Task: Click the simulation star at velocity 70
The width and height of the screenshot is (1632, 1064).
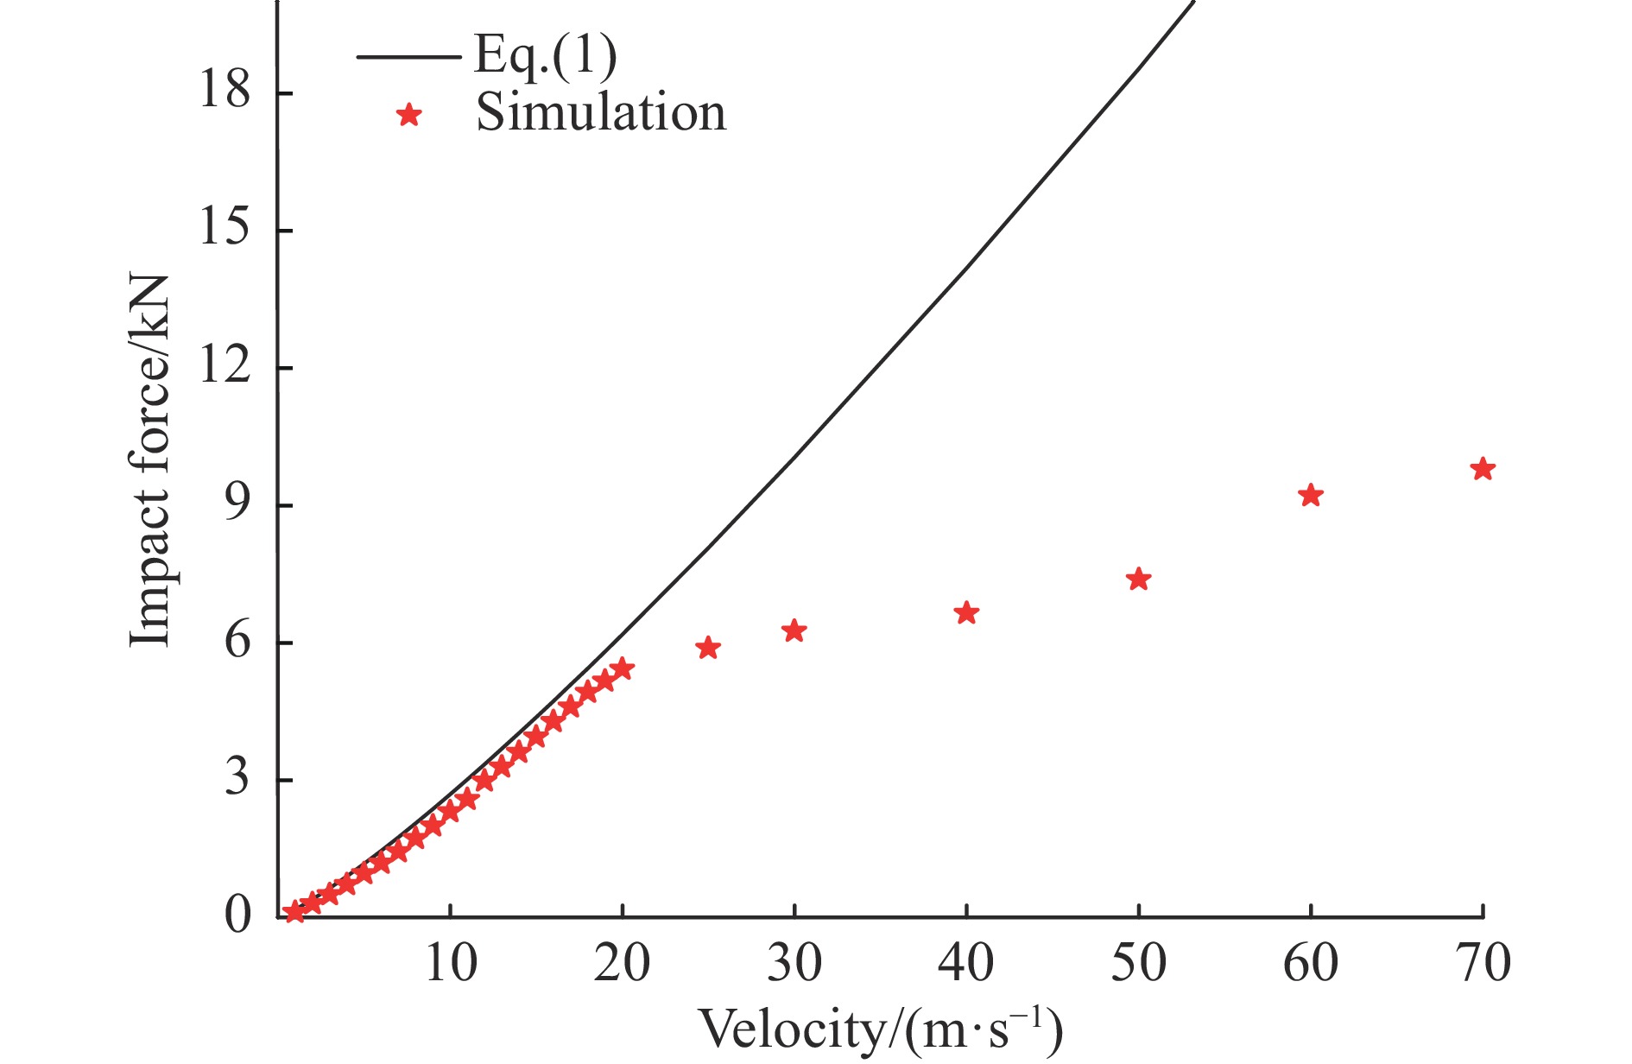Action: tap(1483, 470)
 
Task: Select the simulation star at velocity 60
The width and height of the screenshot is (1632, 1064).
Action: tap(1311, 496)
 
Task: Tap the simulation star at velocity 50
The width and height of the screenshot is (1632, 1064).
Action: tap(1139, 579)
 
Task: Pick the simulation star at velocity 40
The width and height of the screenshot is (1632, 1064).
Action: tap(966, 614)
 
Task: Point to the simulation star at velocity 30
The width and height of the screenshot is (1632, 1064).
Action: tap(794, 631)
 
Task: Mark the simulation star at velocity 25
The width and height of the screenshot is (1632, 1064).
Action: tap(708, 649)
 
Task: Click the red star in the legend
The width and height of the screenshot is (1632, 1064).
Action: tap(408, 115)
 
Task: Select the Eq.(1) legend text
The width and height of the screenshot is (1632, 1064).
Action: tap(546, 56)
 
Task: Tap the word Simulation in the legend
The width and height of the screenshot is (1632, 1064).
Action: tap(601, 113)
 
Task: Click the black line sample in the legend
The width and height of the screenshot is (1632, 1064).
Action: tap(408, 58)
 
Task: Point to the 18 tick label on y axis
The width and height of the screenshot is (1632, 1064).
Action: tap(225, 89)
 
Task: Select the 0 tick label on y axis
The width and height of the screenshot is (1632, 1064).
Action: tap(237, 915)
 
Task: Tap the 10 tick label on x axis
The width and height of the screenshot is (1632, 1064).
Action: tap(450, 964)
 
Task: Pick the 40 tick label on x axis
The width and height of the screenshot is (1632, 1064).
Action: tap(966, 964)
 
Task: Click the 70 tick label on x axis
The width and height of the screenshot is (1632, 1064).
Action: tap(1483, 964)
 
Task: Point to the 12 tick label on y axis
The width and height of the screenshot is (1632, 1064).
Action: tap(225, 365)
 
